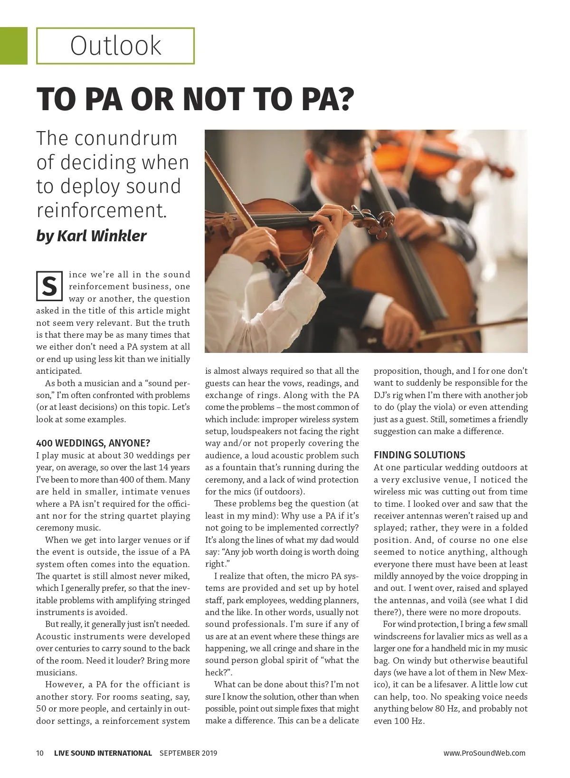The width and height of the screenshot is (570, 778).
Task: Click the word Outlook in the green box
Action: point(115,46)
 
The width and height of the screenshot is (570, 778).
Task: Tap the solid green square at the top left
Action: point(13,46)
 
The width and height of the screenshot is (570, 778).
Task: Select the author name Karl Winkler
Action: point(102,236)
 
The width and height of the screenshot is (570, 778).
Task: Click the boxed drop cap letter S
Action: point(49,286)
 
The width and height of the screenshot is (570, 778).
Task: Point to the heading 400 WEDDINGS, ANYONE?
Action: point(93,443)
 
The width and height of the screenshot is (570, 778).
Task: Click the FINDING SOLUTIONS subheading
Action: point(419,455)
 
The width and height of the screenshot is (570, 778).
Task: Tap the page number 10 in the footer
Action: point(40,753)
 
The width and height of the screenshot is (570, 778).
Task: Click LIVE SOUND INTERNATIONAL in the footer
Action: point(103,753)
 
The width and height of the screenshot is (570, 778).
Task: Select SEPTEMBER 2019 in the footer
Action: point(188,753)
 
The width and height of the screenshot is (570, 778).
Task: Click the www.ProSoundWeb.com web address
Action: point(484,753)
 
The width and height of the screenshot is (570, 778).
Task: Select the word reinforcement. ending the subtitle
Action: point(102,210)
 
